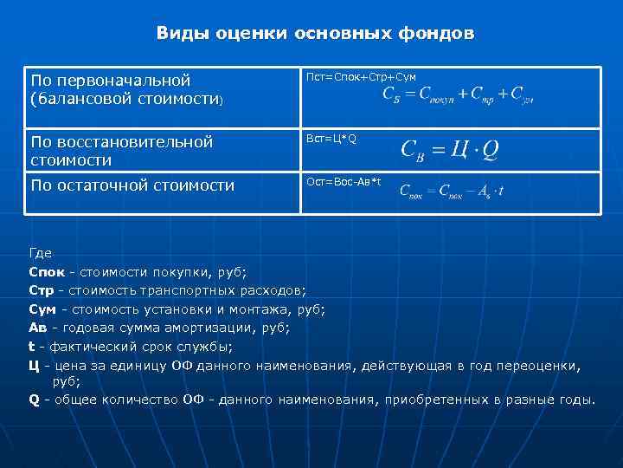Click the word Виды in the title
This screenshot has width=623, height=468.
click(178, 34)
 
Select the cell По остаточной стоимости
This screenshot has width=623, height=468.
click(132, 185)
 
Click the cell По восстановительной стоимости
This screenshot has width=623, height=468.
click(121, 150)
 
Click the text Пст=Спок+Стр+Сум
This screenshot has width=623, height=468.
click(362, 78)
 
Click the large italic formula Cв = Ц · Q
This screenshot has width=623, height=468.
click(449, 150)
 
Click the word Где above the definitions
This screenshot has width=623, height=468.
click(40, 253)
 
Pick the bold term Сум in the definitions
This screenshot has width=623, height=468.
click(42, 308)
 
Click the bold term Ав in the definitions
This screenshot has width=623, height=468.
click(38, 327)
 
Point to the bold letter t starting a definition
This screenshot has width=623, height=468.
click(32, 346)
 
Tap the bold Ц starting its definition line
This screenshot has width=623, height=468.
click(34, 365)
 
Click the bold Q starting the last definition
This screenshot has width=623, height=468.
click(34, 400)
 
